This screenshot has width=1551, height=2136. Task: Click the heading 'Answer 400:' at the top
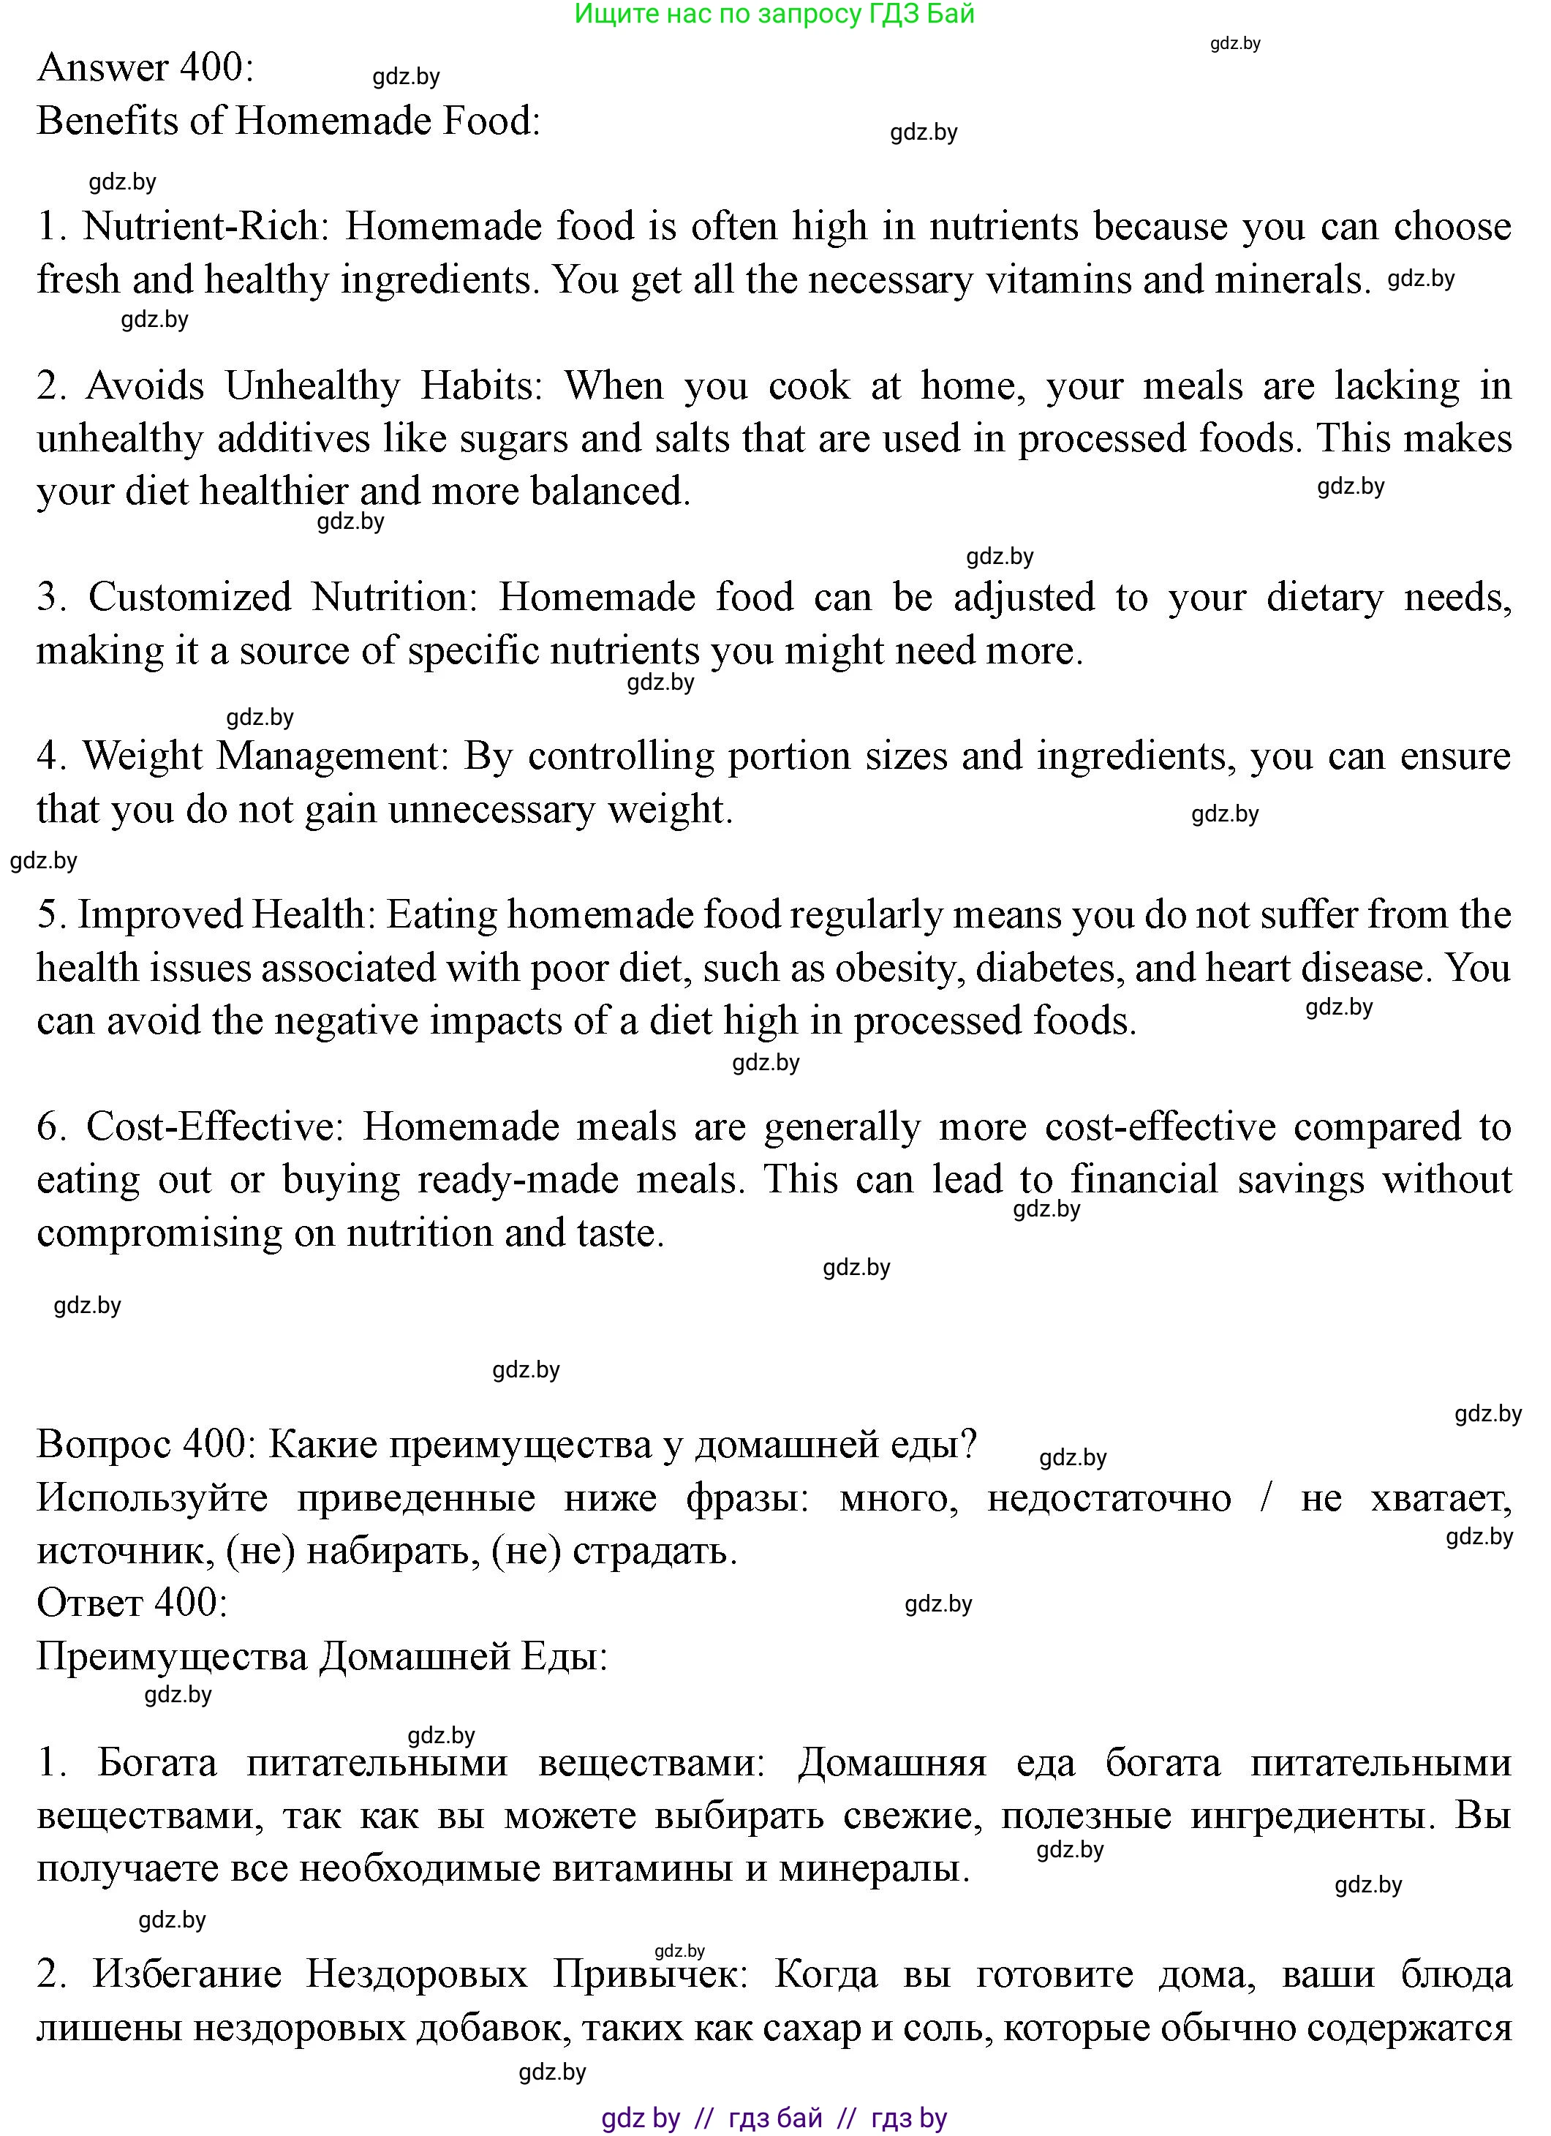(145, 68)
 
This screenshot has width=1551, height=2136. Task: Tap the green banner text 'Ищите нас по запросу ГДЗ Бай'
(774, 14)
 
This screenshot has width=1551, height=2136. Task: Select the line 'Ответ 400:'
(132, 1602)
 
